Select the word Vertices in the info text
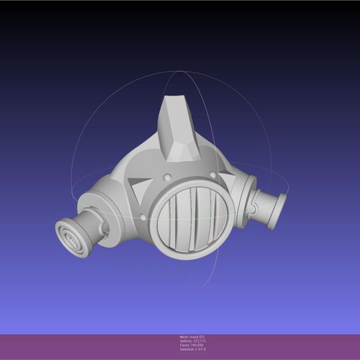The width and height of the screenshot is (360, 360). point(186,341)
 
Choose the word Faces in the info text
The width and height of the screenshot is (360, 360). point(184,345)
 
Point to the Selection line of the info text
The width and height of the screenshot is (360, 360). point(193,349)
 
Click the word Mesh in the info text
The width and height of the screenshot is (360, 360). point(184,337)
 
